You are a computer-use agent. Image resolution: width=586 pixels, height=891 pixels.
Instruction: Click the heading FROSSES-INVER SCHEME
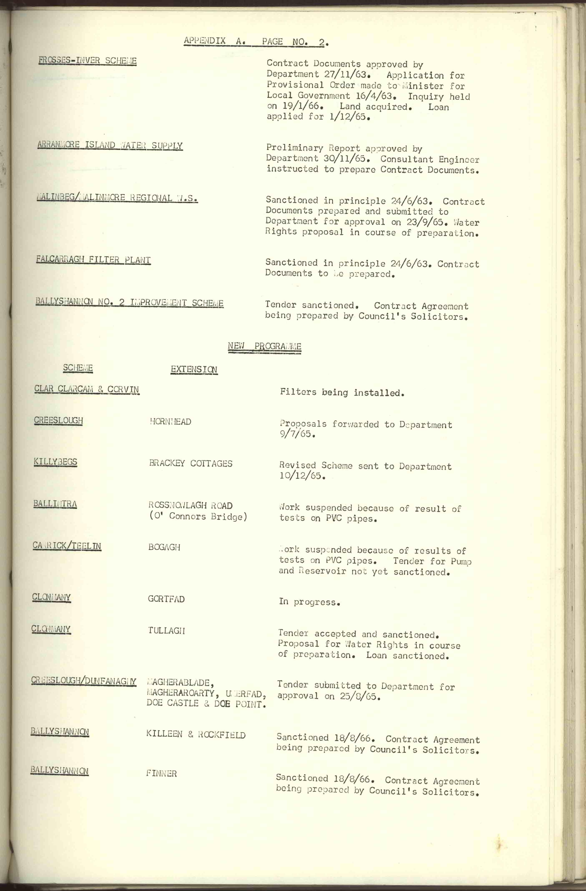[x=87, y=61]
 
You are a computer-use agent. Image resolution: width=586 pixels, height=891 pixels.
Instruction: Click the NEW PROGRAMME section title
[x=264, y=346]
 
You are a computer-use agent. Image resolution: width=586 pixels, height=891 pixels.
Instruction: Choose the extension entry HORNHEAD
[x=170, y=422]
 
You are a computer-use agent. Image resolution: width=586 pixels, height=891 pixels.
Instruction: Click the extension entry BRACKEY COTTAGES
[x=191, y=463]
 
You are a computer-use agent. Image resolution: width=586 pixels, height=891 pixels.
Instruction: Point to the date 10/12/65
[x=302, y=476]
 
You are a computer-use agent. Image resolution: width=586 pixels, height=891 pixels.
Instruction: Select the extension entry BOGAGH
[x=164, y=547]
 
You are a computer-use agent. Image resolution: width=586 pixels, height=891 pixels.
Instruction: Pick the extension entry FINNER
[x=161, y=773]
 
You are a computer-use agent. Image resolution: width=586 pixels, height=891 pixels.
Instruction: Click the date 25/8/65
[x=360, y=697]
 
